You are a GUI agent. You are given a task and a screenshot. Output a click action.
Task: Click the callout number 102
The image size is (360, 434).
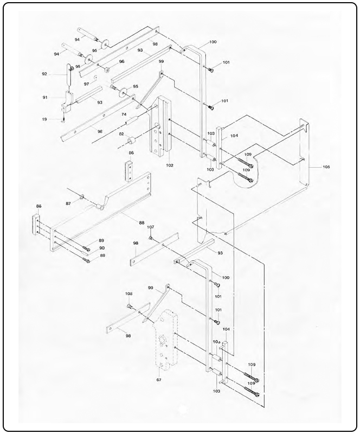170,165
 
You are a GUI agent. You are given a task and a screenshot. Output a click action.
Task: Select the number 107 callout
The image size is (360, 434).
151,227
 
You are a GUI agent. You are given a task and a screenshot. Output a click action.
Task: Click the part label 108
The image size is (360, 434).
129,293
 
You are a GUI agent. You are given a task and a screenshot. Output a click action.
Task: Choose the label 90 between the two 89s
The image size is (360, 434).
101,248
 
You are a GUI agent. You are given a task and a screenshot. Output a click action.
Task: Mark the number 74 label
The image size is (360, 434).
124,115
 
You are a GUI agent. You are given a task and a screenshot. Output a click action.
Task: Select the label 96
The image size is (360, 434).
121,62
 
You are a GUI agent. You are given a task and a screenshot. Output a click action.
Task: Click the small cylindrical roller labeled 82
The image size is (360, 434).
131,142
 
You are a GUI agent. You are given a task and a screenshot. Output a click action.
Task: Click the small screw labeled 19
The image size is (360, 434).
64,120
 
